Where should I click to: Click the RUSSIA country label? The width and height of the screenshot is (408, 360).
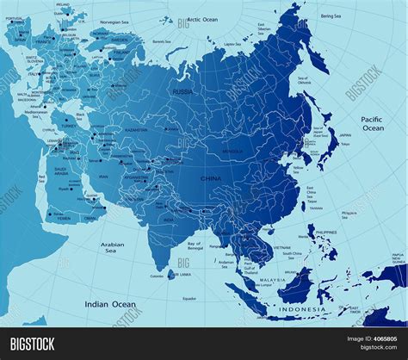pos(182,91)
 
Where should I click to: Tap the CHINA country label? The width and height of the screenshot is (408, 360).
pos(210,178)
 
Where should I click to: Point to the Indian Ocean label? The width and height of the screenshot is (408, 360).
pos(110,304)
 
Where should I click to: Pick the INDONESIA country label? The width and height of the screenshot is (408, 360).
pos(302,308)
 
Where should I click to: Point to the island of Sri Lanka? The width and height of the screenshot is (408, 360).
pos(182,268)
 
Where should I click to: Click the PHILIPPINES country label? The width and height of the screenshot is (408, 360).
pos(327,233)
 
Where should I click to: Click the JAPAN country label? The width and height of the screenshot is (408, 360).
pos(344,134)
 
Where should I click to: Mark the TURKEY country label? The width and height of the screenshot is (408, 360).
pos(63,126)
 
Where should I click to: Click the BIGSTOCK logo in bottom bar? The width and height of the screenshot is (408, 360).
pos(33,344)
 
